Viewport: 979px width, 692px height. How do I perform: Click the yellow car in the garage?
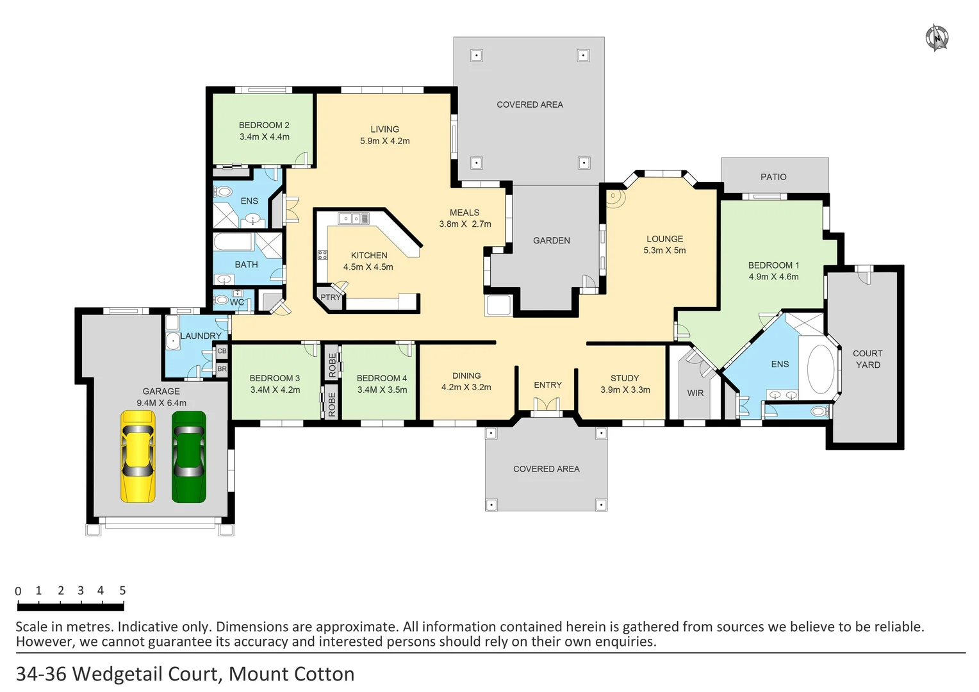[138, 456]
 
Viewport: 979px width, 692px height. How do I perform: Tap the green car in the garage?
[189, 456]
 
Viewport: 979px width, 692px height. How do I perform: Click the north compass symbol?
[937, 37]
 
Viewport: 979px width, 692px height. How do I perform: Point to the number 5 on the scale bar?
[122, 591]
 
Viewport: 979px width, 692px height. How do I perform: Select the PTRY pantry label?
[331, 297]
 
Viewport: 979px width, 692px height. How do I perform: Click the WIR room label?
[695, 393]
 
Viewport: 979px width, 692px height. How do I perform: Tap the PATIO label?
[773, 177]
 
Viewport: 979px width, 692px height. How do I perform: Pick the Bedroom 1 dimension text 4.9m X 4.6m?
[773, 277]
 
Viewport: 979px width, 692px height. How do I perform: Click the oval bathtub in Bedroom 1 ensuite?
[820, 370]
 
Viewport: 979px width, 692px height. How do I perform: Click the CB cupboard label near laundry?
[222, 351]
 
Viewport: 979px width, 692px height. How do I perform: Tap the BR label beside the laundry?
[222, 369]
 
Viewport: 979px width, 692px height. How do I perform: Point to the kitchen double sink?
[354, 218]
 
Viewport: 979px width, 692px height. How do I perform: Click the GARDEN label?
[551, 240]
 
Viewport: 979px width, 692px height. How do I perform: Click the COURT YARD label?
[868, 359]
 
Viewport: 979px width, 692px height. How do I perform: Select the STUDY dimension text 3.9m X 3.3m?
[625, 390]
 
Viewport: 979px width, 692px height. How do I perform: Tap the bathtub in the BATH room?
[233, 242]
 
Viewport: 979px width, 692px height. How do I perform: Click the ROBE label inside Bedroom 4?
[332, 365]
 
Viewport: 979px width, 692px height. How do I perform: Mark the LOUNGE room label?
[664, 239]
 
